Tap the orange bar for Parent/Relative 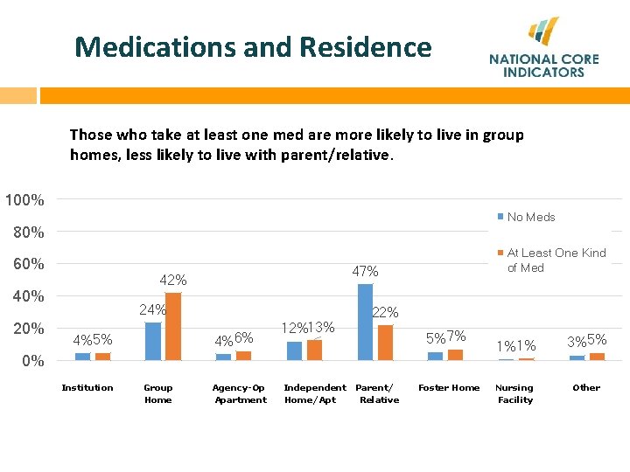(385, 342)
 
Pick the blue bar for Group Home (153, 341)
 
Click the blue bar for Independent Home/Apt (294, 351)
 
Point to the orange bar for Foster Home (455, 355)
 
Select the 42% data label (172, 281)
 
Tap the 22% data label (386, 312)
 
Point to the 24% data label (152, 310)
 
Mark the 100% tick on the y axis (24, 200)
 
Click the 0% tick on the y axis (31, 361)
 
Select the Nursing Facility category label (514, 393)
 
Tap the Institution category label (87, 387)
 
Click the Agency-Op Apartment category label (240, 393)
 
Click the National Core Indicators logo (543, 49)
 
